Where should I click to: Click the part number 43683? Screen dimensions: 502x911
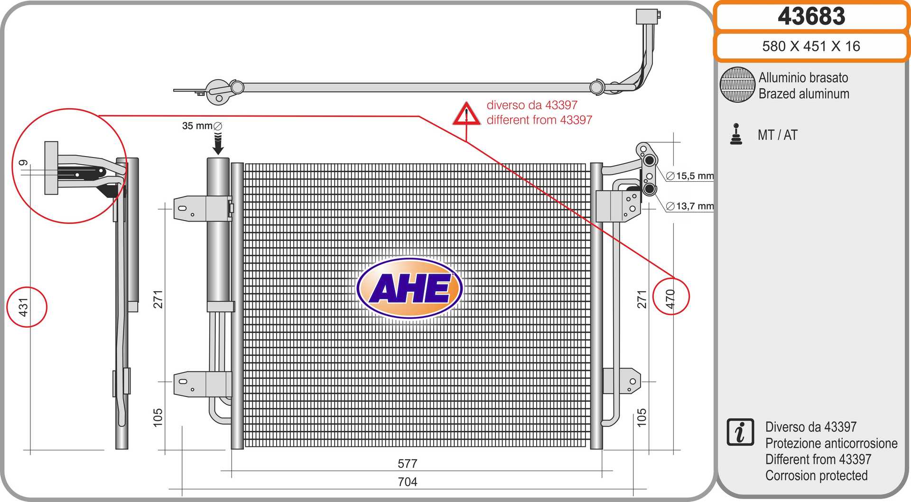[811, 16]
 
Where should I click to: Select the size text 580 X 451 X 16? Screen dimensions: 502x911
[811, 46]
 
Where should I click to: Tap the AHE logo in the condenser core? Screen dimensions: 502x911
[409, 288]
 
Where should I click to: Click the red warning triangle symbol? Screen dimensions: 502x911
[466, 114]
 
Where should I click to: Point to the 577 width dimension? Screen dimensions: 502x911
[407, 463]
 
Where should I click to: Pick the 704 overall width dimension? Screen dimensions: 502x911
[407, 482]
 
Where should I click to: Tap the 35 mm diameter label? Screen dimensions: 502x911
[202, 126]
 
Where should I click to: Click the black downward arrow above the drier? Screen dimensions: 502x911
[218, 144]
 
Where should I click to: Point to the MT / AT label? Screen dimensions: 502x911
[777, 135]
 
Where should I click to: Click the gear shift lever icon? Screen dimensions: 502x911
[736, 134]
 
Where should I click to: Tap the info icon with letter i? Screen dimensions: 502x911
[740, 432]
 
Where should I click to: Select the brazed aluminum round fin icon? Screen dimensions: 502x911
[737, 84]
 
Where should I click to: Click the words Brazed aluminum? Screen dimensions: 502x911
[804, 94]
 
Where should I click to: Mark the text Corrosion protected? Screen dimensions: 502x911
[816, 475]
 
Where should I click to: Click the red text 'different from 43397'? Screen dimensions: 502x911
[539, 120]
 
